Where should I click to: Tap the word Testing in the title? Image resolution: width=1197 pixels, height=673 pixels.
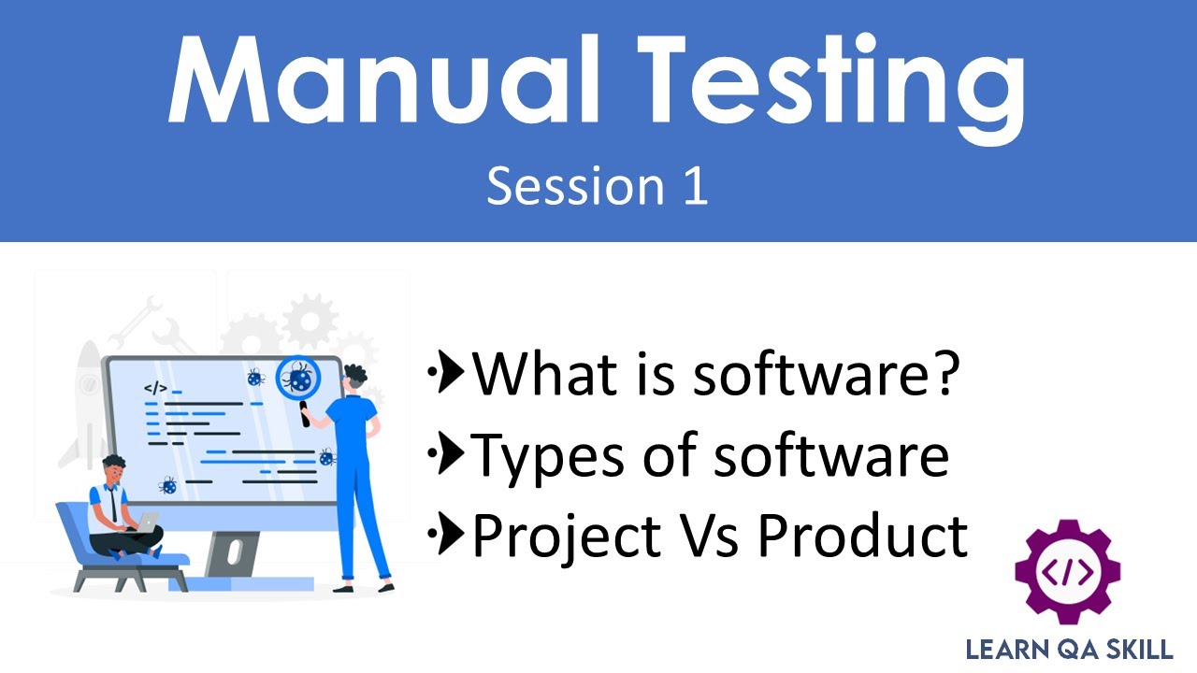(823, 84)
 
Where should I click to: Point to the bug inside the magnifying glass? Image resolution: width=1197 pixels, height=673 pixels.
(299, 379)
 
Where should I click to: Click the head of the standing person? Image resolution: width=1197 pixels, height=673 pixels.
(354, 379)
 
